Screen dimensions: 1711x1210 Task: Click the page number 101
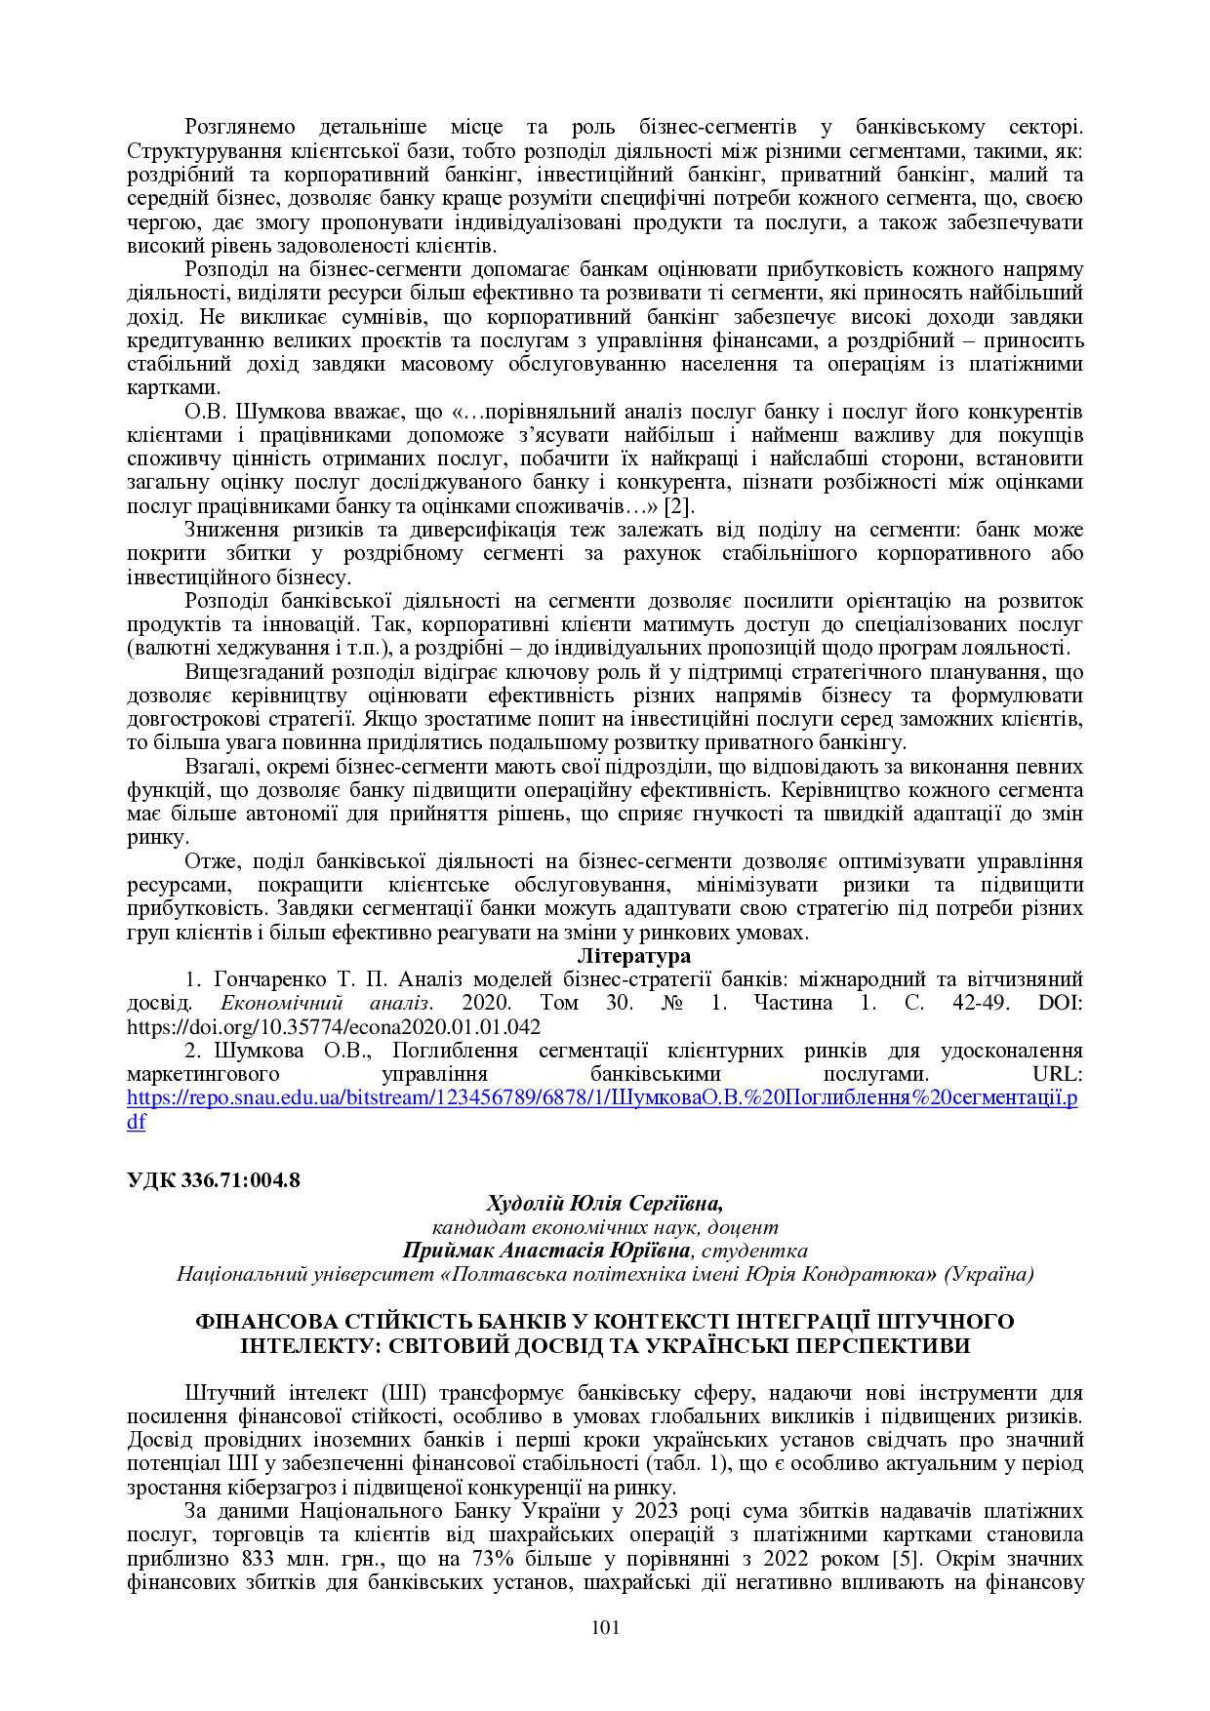pos(605,1627)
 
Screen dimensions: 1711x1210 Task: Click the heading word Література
pos(633,956)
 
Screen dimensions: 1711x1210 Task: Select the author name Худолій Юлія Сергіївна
pos(604,1203)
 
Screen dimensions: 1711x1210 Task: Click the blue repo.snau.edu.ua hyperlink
pos(602,1097)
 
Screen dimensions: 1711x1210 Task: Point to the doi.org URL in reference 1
pos(334,1027)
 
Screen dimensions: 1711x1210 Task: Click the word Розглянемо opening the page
pos(239,127)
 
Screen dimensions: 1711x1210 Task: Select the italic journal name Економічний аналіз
pos(326,1003)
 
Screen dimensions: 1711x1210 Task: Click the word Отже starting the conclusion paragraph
pos(211,861)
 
